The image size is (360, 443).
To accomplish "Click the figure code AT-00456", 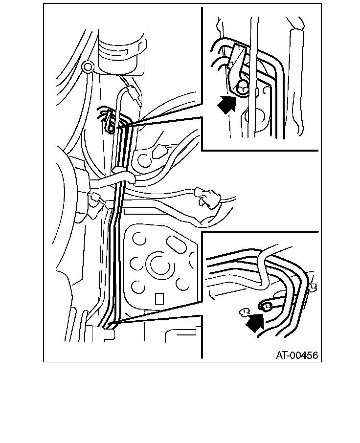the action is [297, 355].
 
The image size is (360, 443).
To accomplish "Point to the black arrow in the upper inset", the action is [226, 104].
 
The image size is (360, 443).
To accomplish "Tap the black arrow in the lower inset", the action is [255, 322].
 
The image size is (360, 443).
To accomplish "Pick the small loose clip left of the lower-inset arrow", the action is [245, 311].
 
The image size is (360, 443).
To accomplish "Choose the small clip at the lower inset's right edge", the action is [313, 288].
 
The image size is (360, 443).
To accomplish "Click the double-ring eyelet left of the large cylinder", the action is [88, 67].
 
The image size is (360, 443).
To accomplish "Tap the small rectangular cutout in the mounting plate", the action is [159, 299].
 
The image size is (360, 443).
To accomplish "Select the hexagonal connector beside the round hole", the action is [160, 152].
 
